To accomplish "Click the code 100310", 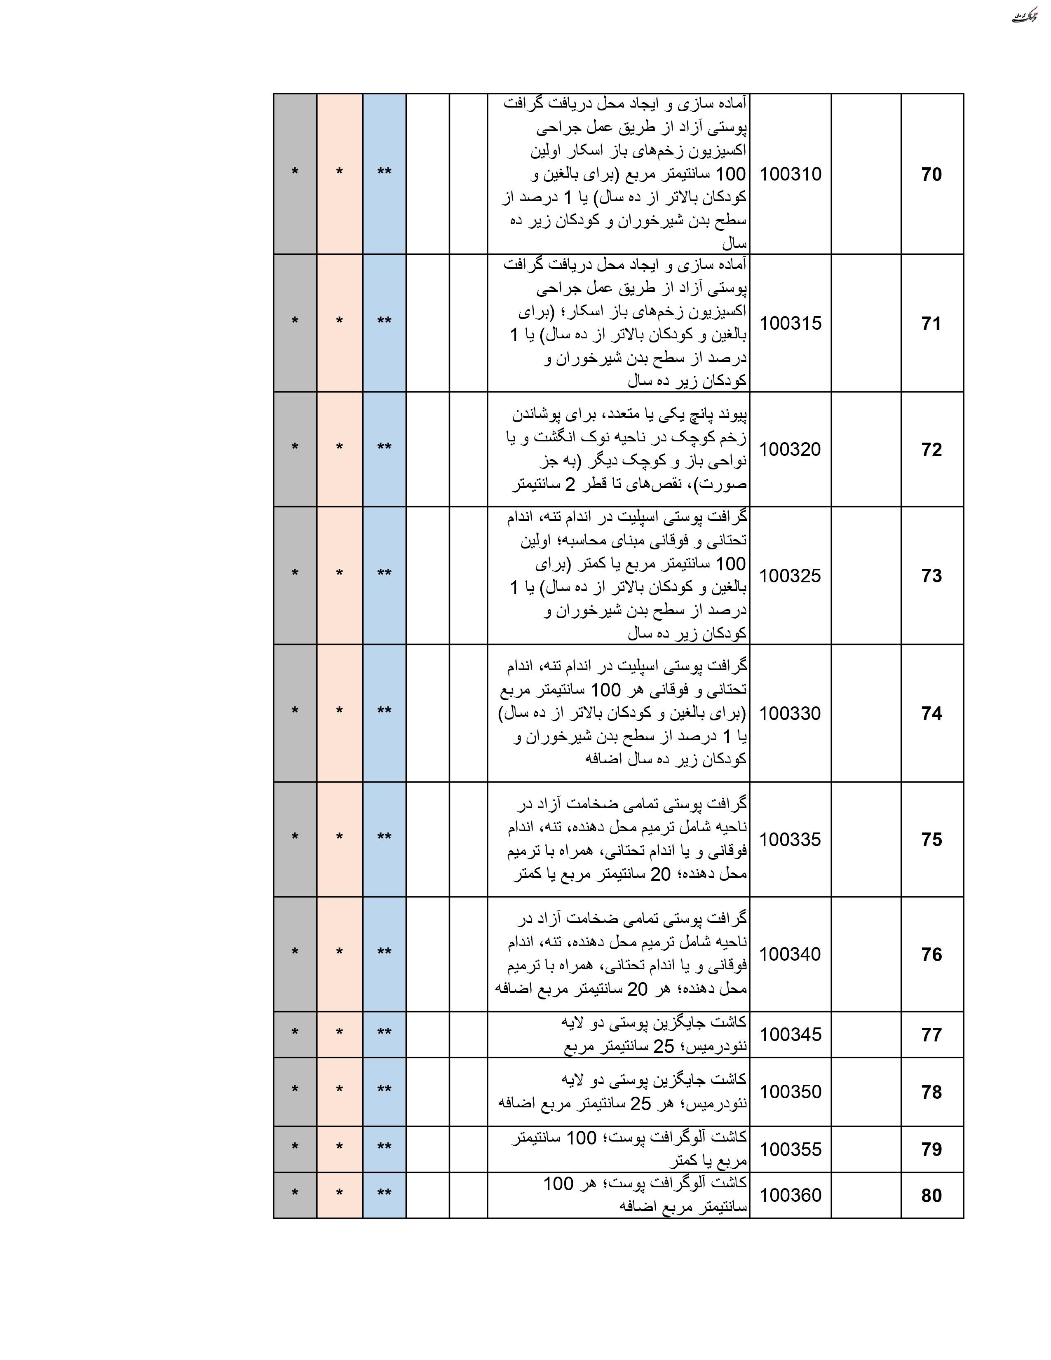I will coord(790,174).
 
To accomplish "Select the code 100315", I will coord(790,323).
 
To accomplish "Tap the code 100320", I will coord(790,449).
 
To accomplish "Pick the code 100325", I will coord(790,575).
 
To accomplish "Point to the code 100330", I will coord(790,713).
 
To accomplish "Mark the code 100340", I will coord(790,954).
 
